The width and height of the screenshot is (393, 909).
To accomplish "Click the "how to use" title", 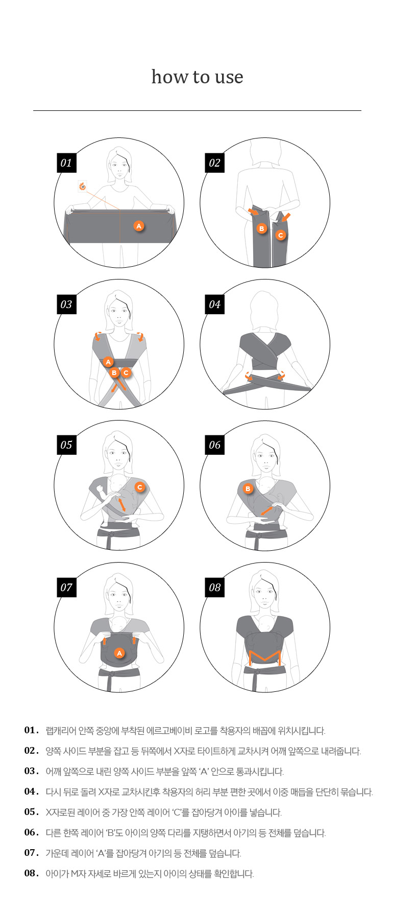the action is tap(197, 77).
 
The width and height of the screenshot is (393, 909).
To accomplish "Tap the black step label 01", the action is tap(66, 163).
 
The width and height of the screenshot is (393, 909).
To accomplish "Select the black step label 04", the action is tap(215, 305).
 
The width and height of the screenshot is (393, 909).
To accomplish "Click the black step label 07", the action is tap(66, 587).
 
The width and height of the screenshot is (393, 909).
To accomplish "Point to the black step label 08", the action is tap(215, 587).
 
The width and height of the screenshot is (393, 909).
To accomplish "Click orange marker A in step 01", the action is tap(139, 226).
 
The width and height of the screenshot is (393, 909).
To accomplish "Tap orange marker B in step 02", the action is tap(262, 228).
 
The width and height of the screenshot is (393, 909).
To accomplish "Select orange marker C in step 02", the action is tap(280, 235).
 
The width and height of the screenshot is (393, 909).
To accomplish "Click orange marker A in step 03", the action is tap(108, 362).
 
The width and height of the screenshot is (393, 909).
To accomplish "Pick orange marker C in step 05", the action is tap(140, 487).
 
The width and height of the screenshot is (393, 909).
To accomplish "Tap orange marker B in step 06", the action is tap(248, 488).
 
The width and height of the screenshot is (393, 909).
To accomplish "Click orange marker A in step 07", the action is tap(119, 653).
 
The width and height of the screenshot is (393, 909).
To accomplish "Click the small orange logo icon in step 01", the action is tap(82, 186).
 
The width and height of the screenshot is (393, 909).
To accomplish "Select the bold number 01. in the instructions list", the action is tap(32, 730).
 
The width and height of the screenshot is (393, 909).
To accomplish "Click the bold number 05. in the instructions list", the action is tap(32, 812).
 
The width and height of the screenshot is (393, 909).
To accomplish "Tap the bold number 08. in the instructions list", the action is tap(32, 873).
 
